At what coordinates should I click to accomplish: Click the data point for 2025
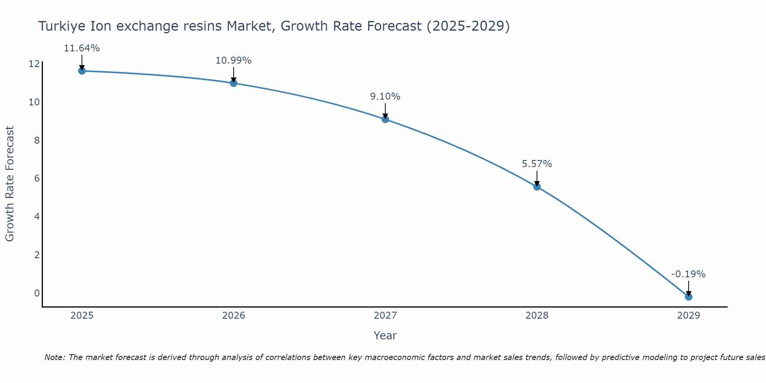[82, 71]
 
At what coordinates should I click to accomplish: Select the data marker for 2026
[234, 83]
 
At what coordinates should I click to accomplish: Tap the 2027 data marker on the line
[385, 119]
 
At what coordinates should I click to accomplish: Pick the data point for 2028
[537, 187]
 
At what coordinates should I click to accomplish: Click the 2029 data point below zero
[689, 297]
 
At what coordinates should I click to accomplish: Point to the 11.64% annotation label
[82, 48]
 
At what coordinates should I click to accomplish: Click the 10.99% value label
[234, 61]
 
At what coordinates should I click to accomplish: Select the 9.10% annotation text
[385, 97]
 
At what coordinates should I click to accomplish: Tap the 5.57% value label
[537, 164]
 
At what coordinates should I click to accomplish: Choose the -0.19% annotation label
[688, 274]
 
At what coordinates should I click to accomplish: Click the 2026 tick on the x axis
[234, 316]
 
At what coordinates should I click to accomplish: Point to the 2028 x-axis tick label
[537, 316]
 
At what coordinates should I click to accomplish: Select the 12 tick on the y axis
[34, 64]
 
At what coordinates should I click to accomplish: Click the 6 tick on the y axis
[37, 178]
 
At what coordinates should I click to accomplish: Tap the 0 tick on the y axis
[37, 293]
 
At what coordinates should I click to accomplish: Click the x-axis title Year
[385, 336]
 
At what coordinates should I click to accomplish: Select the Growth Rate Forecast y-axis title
[10, 183]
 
